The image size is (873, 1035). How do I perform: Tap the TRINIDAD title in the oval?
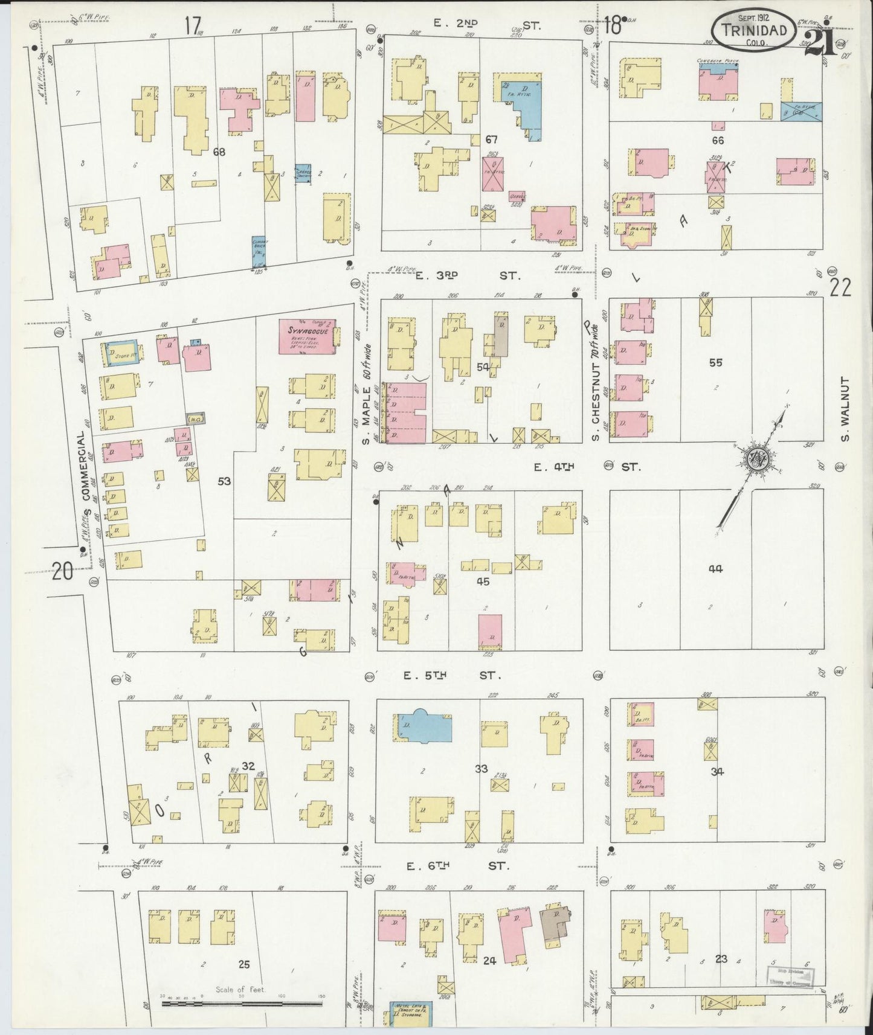(752, 30)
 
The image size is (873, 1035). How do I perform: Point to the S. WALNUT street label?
(844, 409)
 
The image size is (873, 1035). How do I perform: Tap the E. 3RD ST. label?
(467, 276)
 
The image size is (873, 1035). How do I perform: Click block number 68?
(219, 152)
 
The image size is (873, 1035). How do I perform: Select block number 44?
(716, 568)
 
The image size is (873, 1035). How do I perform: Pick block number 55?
(715, 362)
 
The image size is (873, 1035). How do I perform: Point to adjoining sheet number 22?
(840, 288)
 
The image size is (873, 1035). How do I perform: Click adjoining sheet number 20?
(62, 570)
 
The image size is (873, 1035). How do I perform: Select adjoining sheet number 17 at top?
(193, 26)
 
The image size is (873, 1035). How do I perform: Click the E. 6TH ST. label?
(458, 866)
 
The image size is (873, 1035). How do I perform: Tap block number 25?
(243, 964)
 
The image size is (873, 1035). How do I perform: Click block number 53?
(224, 481)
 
